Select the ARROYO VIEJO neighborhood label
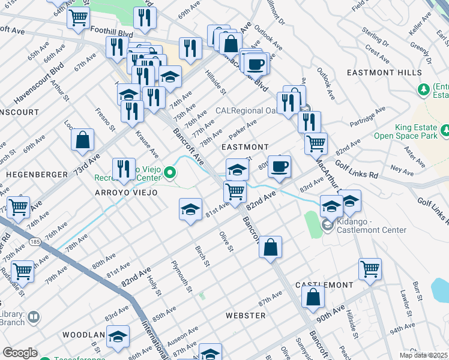pyautogui.click(x=126, y=193)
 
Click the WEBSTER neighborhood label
pyautogui.click(x=246, y=315)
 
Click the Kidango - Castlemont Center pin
pyautogui.click(x=327, y=226)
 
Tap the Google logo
pyautogui.click(x=20, y=353)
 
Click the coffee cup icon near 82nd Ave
pyautogui.click(x=279, y=166)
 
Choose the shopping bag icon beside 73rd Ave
pyautogui.click(x=83, y=140)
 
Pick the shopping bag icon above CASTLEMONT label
pyautogui.click(x=313, y=296)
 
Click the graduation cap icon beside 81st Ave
pyautogui.click(x=191, y=209)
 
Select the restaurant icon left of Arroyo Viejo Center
pyautogui.click(x=124, y=169)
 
